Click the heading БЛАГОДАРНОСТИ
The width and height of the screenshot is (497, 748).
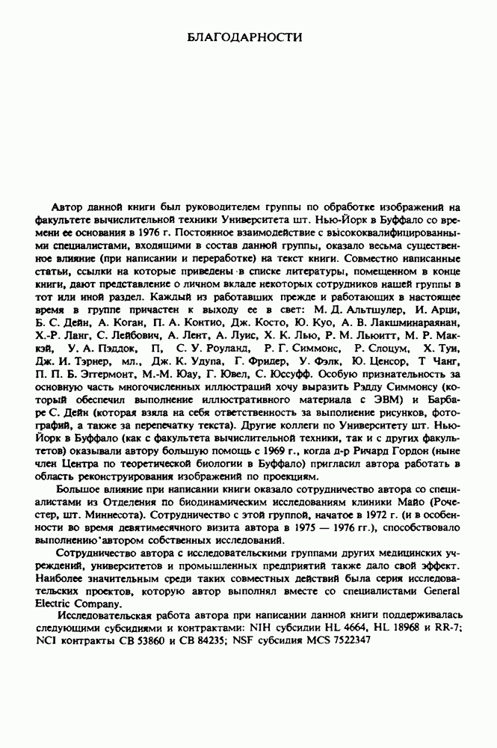pos(248,35)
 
